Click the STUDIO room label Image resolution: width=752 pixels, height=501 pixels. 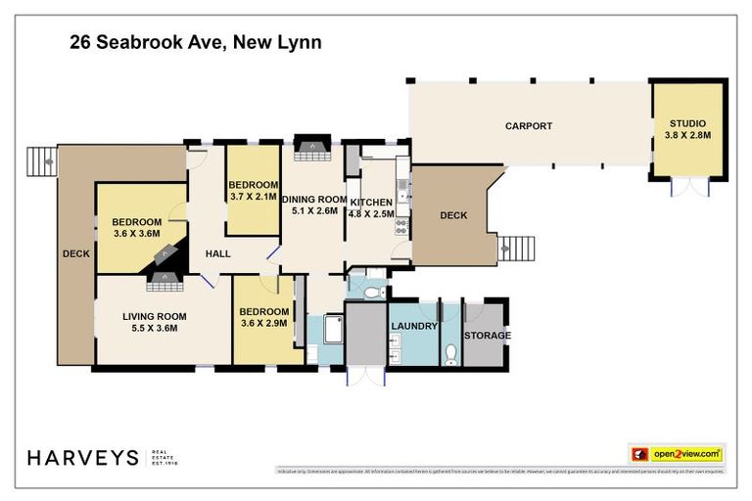[690, 122]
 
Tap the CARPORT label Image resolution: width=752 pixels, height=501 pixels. [529, 126]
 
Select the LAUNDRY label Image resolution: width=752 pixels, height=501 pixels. [413, 326]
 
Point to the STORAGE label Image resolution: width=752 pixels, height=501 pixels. [487, 336]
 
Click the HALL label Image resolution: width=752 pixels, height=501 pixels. [218, 254]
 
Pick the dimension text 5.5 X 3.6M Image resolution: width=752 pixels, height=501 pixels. [154, 330]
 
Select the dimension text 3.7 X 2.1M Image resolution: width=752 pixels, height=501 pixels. [253, 197]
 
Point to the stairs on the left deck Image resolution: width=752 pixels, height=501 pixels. [42, 159]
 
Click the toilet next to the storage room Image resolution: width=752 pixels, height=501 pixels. [450, 351]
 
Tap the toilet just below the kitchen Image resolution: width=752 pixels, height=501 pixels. [371, 292]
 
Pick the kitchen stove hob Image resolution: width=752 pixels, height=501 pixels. [401, 225]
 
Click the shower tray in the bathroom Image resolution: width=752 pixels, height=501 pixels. [327, 333]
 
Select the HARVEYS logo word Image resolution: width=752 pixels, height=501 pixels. [82, 458]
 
